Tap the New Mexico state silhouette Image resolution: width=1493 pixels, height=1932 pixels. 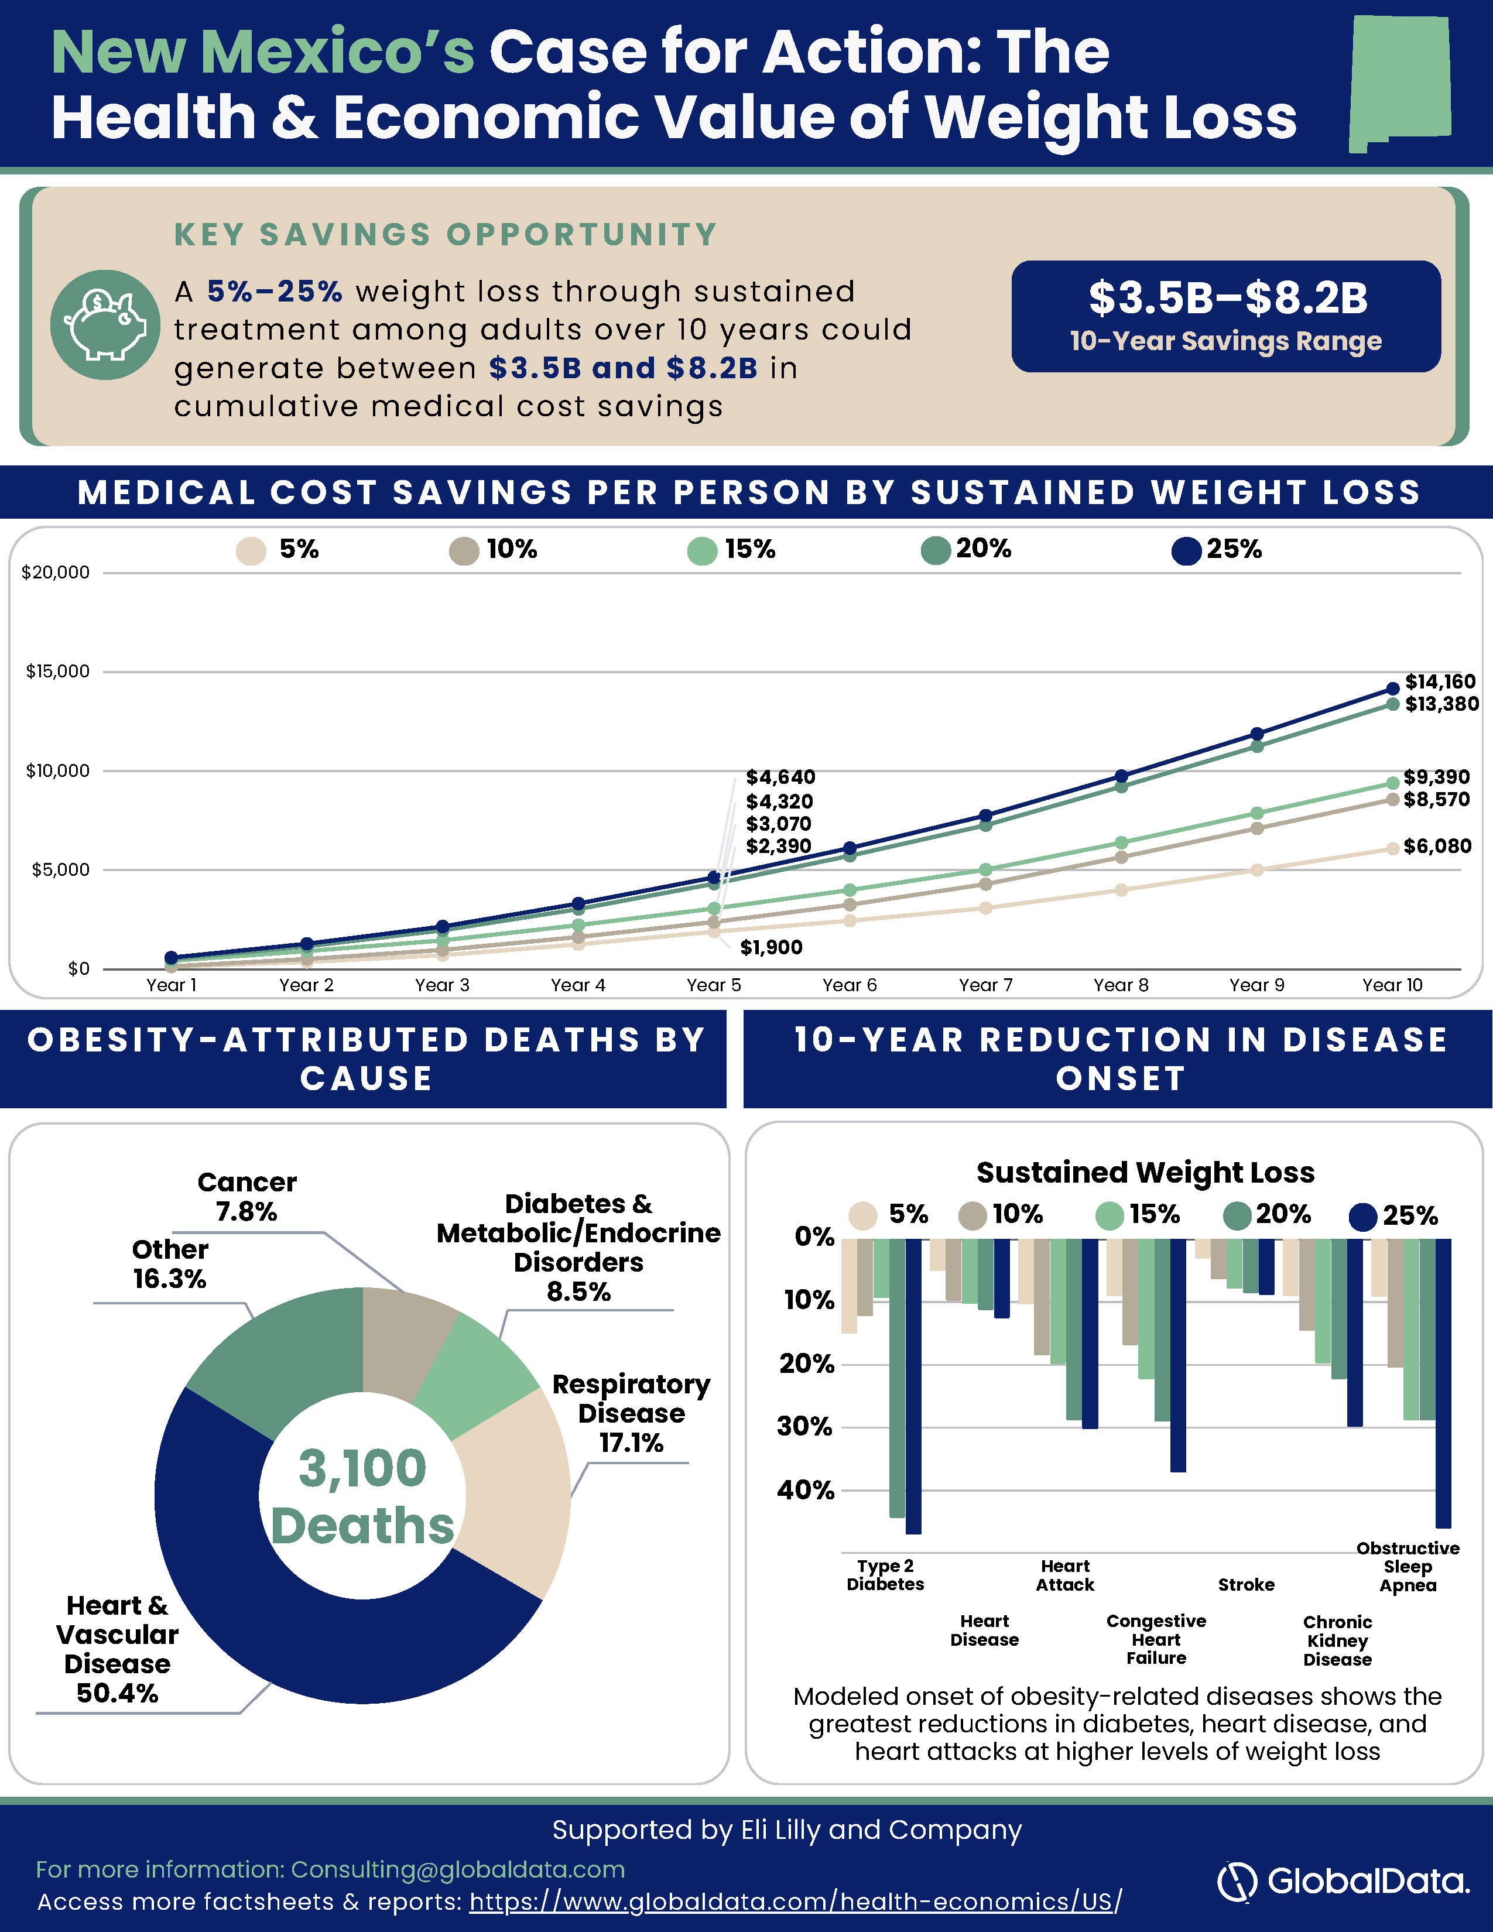pos(1400,84)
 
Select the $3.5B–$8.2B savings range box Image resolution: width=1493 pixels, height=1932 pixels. pos(1226,316)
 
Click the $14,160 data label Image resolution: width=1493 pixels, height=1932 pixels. pos(1441,681)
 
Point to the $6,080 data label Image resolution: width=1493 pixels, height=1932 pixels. pos(1437,846)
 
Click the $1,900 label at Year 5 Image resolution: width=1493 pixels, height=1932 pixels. pos(771,947)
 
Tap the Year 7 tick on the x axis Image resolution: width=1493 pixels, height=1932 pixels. pos(985,985)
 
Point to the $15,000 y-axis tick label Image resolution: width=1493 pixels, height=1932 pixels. pos(57,672)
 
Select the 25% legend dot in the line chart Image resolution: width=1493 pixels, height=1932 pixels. pos(1186,550)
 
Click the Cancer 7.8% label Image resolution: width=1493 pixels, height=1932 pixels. pos(246,1196)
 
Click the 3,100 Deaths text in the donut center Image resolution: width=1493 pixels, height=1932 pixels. pos(362,1497)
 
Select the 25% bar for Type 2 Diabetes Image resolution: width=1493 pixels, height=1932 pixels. pos(914,1386)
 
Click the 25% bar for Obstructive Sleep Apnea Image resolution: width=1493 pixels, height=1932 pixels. pos(1443,1383)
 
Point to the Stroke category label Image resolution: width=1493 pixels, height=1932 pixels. pos(1247,1584)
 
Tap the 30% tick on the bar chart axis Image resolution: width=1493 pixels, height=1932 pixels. pos(806,1426)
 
